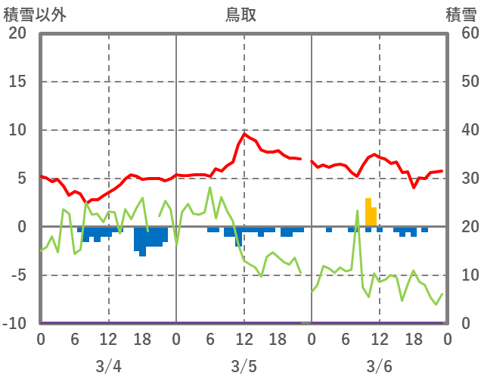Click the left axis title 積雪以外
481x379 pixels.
29,14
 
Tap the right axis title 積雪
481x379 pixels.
461,14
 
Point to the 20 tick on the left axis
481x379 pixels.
17,33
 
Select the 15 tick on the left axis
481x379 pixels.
17,82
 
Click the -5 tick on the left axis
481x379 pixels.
17,275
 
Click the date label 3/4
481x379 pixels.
108,366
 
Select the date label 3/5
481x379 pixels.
244,366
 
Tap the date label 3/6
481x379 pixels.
379,366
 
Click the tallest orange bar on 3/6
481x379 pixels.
368,212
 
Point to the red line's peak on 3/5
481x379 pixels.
244,134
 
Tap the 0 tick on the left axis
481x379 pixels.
21,227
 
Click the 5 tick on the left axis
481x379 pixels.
21,179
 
